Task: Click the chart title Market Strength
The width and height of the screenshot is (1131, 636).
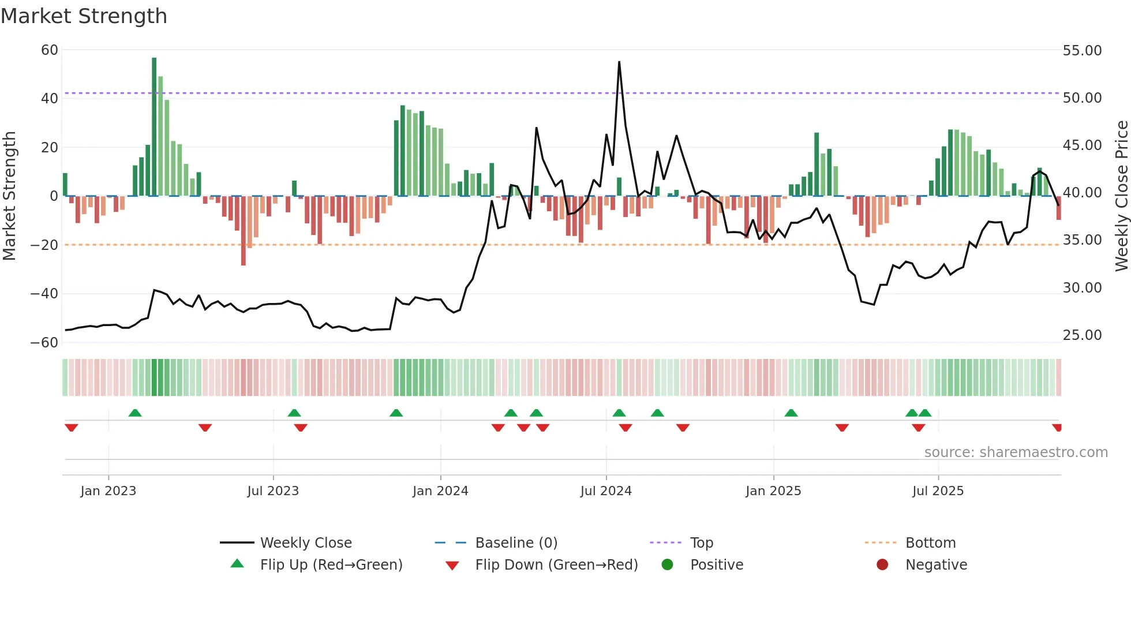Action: click(x=84, y=16)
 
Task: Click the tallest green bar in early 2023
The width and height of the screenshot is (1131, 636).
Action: click(x=154, y=127)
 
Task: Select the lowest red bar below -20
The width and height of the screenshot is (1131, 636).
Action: click(x=244, y=231)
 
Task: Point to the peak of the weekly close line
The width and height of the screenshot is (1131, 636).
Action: click(x=619, y=62)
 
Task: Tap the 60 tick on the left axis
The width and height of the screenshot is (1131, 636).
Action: click(x=50, y=50)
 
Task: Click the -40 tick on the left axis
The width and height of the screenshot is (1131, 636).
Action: click(x=44, y=294)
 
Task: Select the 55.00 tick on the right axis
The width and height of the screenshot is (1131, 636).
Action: click(x=1082, y=51)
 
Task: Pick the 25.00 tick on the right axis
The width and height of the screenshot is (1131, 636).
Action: click(x=1082, y=335)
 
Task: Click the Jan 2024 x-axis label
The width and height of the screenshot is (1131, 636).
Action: click(x=440, y=491)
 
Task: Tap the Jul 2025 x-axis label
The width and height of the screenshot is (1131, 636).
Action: click(x=938, y=491)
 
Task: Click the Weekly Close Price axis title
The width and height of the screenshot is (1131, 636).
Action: click(x=1121, y=196)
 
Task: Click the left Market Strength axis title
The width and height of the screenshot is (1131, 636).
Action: click(x=9, y=196)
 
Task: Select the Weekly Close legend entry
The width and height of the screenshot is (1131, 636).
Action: click(x=305, y=543)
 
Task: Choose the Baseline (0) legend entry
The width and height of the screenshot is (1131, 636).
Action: click(x=516, y=543)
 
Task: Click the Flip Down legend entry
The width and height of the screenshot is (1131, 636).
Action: click(x=556, y=565)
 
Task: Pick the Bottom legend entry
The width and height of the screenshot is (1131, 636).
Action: click(x=930, y=543)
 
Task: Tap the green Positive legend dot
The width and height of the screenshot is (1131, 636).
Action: click(x=668, y=565)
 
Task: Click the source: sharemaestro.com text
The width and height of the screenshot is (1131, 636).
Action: click(x=1016, y=452)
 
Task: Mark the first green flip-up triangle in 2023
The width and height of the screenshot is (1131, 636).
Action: click(x=135, y=413)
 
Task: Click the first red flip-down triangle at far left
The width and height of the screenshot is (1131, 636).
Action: click(x=72, y=428)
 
